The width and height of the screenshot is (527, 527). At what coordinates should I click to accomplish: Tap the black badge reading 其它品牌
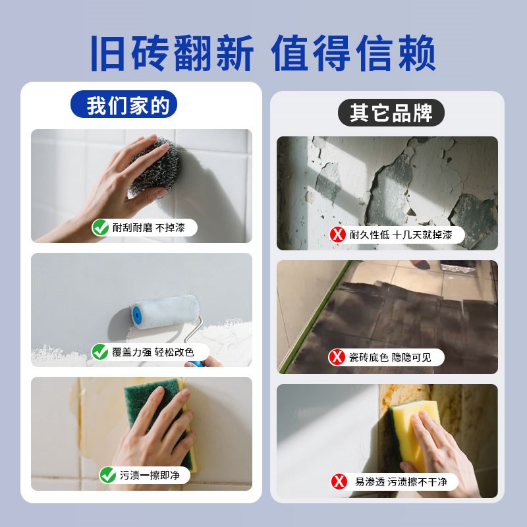[x=391, y=113]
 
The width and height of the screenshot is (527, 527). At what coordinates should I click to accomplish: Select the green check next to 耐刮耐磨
[x=101, y=228]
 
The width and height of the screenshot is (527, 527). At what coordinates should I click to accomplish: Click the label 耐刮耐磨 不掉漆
[x=151, y=228]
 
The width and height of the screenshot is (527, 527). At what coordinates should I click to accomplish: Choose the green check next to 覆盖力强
[x=100, y=352]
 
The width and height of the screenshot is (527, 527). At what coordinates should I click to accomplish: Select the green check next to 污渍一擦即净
[x=107, y=474]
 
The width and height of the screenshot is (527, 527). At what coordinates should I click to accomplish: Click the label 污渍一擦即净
[x=150, y=474]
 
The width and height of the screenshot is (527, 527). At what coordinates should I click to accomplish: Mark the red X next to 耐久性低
[x=339, y=234]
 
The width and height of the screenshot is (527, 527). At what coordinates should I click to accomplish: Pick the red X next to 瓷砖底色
[x=337, y=358]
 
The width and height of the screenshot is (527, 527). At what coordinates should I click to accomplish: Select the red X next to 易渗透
[x=339, y=482]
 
